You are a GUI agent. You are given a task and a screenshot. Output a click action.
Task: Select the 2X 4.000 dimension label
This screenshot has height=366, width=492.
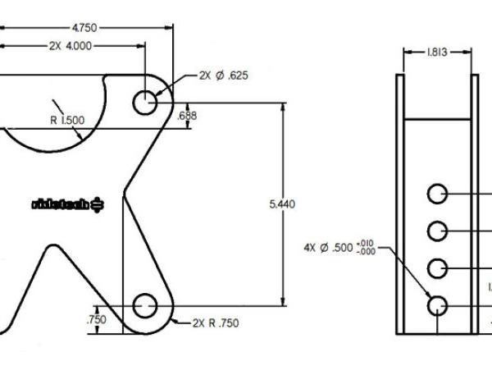coord(70,46)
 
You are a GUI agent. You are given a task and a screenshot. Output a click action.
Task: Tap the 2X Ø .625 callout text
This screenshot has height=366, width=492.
coord(223,75)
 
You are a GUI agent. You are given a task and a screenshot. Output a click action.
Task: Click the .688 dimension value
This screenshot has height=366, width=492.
coord(188,117)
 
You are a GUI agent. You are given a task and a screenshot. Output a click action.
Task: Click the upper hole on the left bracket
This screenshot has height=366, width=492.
coord(145,103)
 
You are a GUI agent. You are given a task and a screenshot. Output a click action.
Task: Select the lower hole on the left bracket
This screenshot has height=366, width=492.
coord(145,305)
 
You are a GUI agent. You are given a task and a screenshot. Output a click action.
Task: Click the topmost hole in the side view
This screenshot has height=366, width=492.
coord(437,194)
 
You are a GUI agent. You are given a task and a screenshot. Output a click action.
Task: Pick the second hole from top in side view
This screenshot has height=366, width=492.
coord(437,230)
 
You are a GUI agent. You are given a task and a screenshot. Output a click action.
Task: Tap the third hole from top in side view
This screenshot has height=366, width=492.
coord(437,268)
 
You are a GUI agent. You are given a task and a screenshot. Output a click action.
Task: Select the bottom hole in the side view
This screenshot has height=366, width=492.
coord(437,305)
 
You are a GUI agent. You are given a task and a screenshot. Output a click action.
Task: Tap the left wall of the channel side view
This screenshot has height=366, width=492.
coord(400,205)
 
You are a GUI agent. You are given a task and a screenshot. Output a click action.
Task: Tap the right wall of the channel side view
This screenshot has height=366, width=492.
coord(474,205)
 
